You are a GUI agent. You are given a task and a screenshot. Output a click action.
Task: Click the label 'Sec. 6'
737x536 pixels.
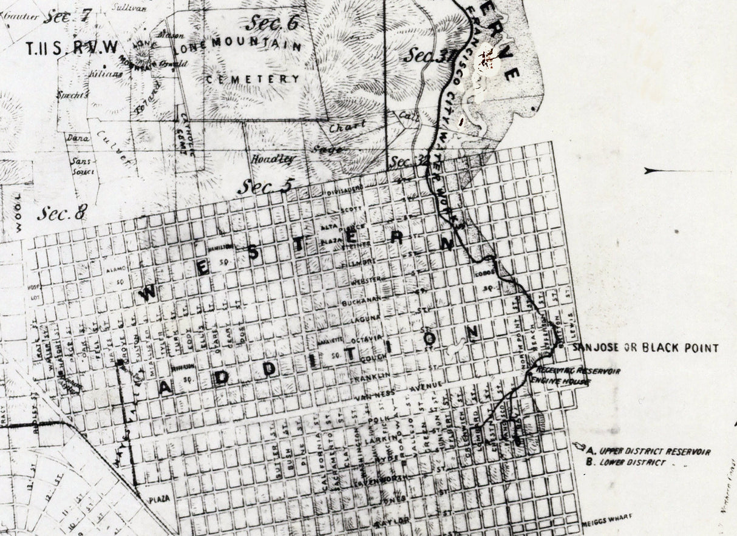pos(273,24)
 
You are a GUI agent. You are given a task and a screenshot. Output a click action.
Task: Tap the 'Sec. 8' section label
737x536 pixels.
pos(62,213)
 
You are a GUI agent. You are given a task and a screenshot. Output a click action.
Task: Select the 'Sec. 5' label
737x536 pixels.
pos(265,186)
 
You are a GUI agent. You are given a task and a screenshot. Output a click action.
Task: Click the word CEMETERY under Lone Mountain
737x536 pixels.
pos(253,79)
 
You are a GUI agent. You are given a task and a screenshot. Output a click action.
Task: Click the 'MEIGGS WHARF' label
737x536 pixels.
pos(607,517)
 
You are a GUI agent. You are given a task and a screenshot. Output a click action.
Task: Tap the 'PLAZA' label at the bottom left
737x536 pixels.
pos(159,499)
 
